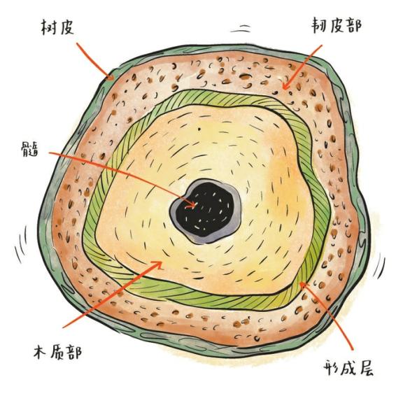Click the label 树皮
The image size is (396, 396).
tap(57, 27)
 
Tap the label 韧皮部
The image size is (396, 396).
tap(336, 25)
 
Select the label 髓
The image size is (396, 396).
tap(30, 149)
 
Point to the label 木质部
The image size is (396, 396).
tap(57, 352)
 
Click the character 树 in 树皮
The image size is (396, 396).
tap(49, 27)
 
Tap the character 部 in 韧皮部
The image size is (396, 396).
tap(353, 25)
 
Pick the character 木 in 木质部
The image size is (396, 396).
tap(41, 352)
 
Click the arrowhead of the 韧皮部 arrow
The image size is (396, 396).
tap(285, 86)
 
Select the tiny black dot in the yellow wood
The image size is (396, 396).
tap(199, 129)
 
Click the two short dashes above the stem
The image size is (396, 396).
tap(241, 29)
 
